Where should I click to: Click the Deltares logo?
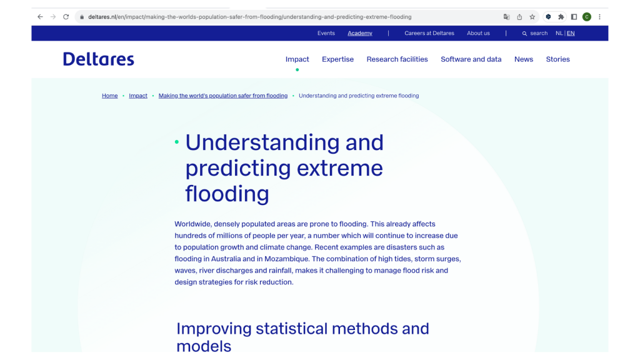98,59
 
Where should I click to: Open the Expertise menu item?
337,59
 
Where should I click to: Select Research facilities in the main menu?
397,59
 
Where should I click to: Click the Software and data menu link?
471,59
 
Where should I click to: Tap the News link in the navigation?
524,59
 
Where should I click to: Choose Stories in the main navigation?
558,59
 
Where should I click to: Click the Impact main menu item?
297,59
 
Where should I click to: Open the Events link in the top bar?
326,33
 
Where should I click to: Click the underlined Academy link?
360,33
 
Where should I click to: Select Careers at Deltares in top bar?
429,33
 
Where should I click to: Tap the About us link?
478,33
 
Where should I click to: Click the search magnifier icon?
524,34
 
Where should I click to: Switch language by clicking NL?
559,33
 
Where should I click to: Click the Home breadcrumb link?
110,96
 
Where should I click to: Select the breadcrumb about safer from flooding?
223,96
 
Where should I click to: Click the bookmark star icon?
532,17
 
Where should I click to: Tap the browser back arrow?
40,17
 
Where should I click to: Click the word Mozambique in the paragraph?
286,259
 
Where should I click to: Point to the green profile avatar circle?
586,17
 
